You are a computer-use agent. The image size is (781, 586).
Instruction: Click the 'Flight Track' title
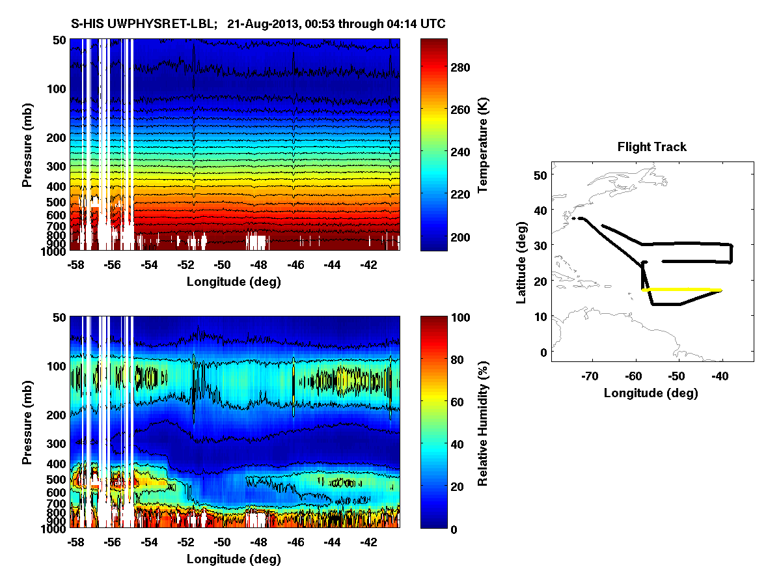tap(651, 147)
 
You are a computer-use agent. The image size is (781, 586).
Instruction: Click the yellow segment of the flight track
tap(683, 290)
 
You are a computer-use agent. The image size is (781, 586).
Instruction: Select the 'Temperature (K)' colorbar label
tap(483, 145)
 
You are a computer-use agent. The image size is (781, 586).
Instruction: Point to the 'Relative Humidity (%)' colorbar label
tap(483, 423)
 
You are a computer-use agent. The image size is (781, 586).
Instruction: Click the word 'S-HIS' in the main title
tap(87, 24)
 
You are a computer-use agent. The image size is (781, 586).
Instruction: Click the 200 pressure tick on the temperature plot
tap(56, 138)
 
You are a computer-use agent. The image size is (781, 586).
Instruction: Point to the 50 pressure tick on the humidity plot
tap(59, 317)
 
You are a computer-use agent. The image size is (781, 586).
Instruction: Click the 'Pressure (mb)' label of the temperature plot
tap(27, 145)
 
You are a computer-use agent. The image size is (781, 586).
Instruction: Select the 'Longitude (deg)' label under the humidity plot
tap(234, 559)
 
